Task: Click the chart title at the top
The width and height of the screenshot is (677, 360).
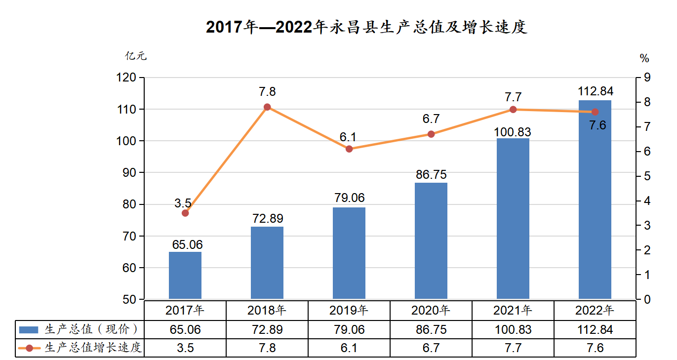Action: click(x=366, y=27)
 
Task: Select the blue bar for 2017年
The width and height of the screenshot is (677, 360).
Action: click(x=185, y=275)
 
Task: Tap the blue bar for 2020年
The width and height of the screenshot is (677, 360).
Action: click(x=431, y=240)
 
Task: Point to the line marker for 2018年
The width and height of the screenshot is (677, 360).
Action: click(x=267, y=107)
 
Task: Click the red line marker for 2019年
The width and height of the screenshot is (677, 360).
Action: click(x=349, y=149)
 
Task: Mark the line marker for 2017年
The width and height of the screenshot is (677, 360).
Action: click(x=185, y=213)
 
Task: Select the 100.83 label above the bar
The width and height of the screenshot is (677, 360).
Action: click(x=513, y=132)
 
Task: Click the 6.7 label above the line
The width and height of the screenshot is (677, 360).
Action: click(x=431, y=119)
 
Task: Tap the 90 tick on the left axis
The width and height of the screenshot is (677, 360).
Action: click(x=128, y=173)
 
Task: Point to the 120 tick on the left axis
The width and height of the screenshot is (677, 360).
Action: click(x=126, y=78)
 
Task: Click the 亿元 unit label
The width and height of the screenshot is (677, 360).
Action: click(x=136, y=56)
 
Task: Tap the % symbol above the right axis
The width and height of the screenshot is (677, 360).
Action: click(x=644, y=58)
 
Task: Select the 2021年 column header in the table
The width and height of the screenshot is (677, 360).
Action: click(x=513, y=311)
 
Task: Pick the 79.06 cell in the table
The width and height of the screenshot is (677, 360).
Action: click(x=349, y=329)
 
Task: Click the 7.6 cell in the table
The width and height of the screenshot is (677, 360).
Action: click(x=595, y=348)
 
